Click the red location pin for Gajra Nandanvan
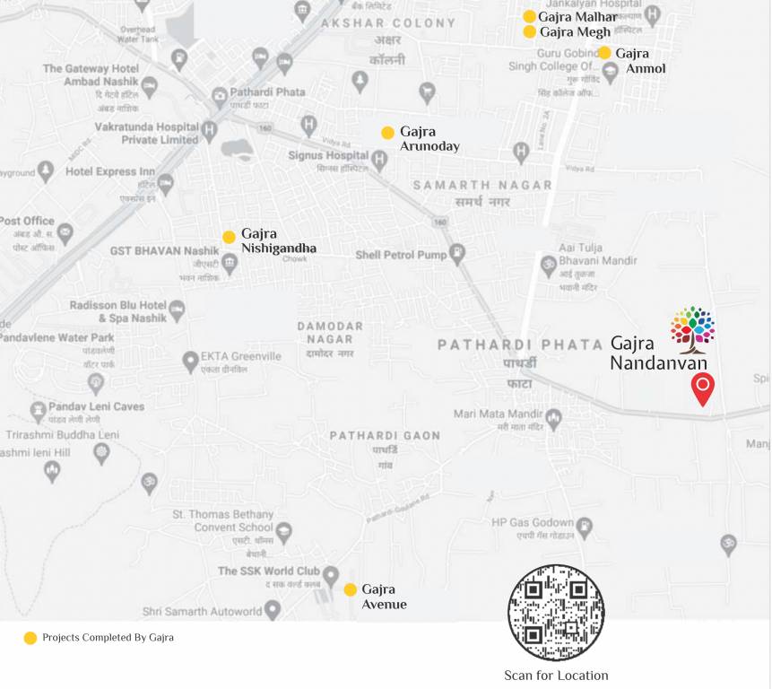click(x=703, y=388)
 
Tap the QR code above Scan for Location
click(x=556, y=613)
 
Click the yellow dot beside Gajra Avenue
click(x=351, y=589)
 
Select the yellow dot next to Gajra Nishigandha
click(x=229, y=237)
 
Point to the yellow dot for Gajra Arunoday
click(x=387, y=133)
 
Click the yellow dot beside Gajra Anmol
click(x=604, y=53)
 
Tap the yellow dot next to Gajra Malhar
click(x=529, y=16)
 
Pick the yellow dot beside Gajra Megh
click(x=529, y=32)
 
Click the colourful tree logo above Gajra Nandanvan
click(x=693, y=328)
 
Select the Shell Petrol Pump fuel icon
click(x=457, y=255)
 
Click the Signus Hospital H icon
click(x=379, y=161)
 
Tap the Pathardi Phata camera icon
click(x=220, y=97)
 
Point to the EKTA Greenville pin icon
click(x=190, y=362)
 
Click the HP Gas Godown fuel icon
click(x=585, y=528)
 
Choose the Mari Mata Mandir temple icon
click(x=554, y=418)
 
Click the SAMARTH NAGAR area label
click(x=482, y=185)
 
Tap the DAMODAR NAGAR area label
click(x=330, y=332)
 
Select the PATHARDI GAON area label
click(x=385, y=435)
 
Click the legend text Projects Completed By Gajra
click(x=108, y=638)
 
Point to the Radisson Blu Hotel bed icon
click(x=178, y=311)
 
